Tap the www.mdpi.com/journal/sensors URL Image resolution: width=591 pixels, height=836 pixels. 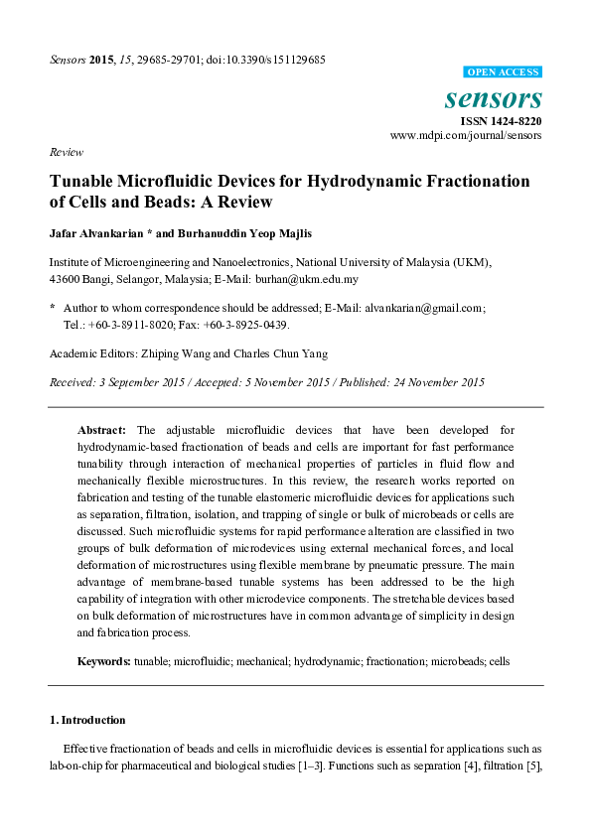click(x=466, y=135)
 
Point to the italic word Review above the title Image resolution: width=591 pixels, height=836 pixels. click(x=67, y=152)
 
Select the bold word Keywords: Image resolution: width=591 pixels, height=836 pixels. click(x=104, y=660)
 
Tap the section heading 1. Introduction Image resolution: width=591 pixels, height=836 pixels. click(x=87, y=720)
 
